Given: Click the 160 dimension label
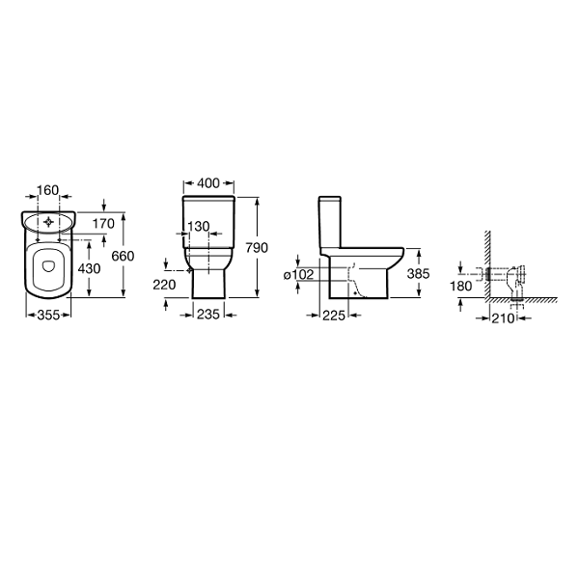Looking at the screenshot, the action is [x=48, y=190].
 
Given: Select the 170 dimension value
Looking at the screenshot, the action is [x=103, y=224].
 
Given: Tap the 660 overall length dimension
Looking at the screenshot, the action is [x=123, y=256].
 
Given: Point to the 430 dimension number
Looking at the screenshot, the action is [x=89, y=268].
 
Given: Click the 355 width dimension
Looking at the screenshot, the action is [x=48, y=315].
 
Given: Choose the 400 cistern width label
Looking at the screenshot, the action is [x=208, y=183].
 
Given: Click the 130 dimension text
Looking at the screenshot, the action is [x=199, y=227].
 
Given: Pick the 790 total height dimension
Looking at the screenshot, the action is [x=257, y=248].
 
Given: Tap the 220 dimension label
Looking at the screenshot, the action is [x=164, y=285].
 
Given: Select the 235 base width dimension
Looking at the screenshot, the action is [x=208, y=315].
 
